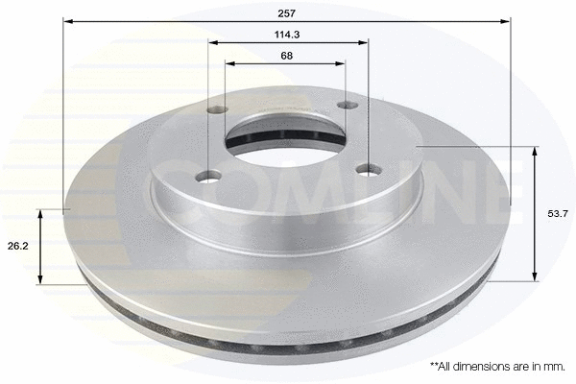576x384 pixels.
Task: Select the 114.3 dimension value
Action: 286,36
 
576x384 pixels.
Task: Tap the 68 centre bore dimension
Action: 286,56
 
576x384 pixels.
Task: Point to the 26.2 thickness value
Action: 16,246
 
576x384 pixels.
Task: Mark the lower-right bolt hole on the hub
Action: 367,170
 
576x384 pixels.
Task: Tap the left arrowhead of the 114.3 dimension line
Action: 212,42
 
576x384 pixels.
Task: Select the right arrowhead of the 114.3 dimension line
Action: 365,42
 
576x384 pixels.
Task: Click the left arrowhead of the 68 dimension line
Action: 228,63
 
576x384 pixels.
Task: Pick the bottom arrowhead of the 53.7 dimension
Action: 535,277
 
